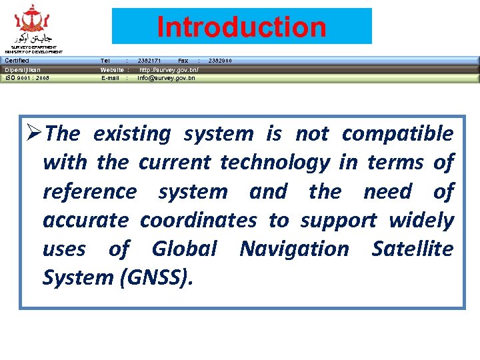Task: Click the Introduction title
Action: point(241,27)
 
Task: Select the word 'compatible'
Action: point(397,134)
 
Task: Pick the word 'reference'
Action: point(89,192)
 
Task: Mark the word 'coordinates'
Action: point(198,221)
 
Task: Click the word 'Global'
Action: point(184,249)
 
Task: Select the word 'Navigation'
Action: point(294,249)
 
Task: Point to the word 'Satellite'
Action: point(413,249)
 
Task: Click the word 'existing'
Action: point(132,134)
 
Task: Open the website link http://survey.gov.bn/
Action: point(168,69)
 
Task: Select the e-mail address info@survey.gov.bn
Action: point(166,78)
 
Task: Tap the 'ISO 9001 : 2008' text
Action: point(27,78)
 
